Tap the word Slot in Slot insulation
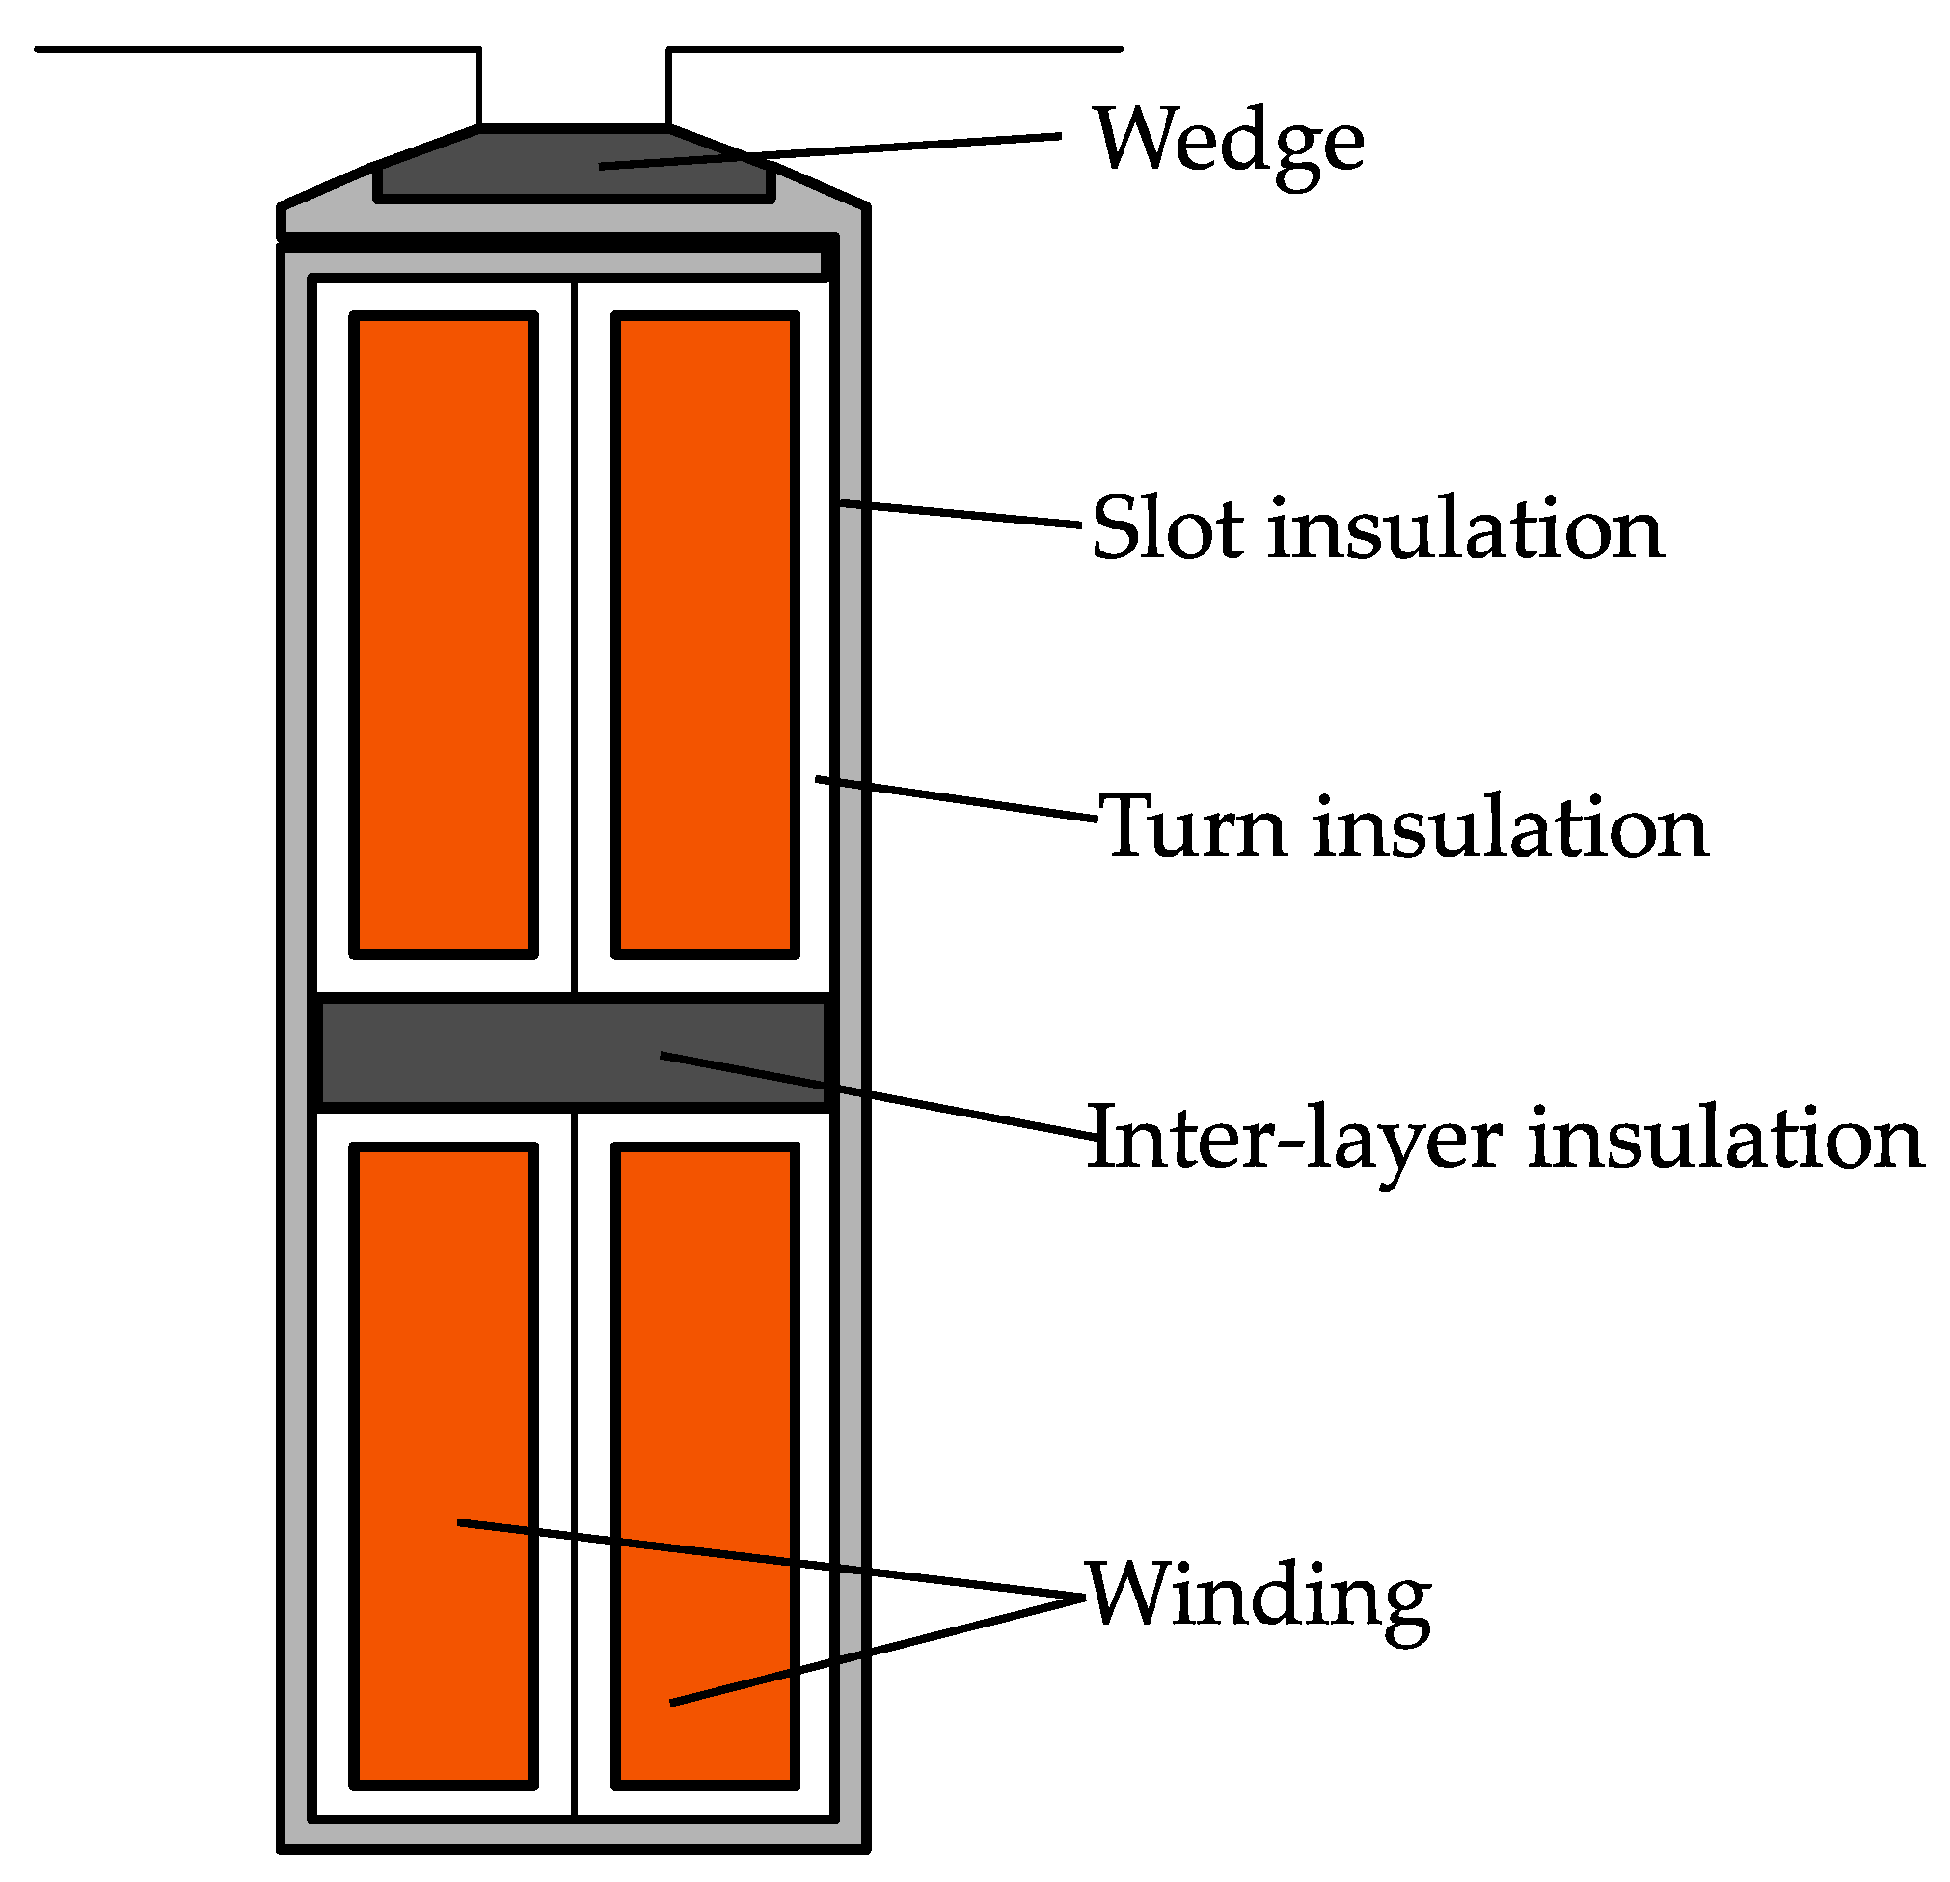1167,529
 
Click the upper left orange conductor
444,636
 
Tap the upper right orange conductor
705,636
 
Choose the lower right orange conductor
705,1392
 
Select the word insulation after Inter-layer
1726,1138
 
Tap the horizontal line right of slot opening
895,49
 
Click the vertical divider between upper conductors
575,636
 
